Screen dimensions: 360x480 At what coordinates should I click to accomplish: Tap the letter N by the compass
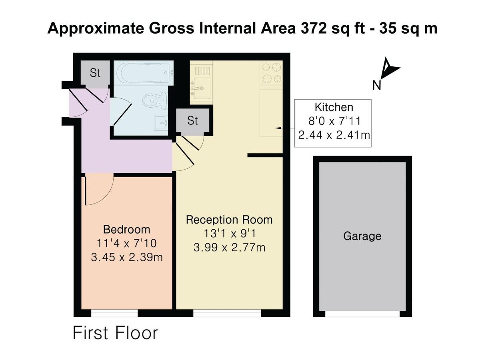(x=376, y=85)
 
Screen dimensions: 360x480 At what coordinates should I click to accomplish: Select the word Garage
(x=362, y=236)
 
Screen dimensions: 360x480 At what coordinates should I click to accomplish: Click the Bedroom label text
(x=126, y=230)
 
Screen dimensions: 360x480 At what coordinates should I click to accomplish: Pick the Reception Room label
(x=229, y=220)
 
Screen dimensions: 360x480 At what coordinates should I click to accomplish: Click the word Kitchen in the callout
(x=334, y=107)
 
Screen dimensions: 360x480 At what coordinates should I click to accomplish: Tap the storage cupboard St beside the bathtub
(x=95, y=73)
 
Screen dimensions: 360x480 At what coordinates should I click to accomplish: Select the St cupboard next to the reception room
(x=192, y=120)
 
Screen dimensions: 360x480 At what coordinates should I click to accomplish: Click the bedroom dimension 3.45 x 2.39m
(x=126, y=257)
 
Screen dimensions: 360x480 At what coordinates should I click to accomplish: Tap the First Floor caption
(x=115, y=333)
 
